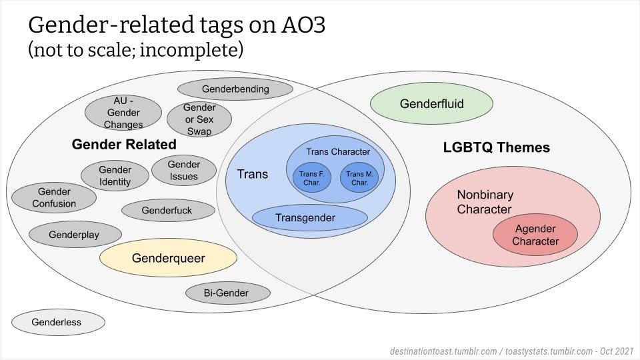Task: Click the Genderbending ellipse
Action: coord(235,89)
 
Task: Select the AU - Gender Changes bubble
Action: coord(123,113)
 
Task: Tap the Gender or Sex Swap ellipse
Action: coord(199,119)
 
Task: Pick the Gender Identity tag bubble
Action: coord(115,176)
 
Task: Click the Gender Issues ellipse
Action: coord(184,170)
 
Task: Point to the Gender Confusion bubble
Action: coord(54,198)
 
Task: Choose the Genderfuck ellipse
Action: coord(167,211)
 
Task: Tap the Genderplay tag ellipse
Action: coord(75,235)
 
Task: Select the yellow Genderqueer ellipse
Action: coord(168,258)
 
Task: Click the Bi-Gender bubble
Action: coord(227,293)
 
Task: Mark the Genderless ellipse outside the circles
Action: coord(57,323)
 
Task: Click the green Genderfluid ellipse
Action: coord(431,103)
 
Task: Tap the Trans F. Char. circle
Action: coord(311,178)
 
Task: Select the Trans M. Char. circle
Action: coord(359,178)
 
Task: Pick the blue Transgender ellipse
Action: coord(310,218)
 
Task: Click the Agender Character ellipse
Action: coord(535,235)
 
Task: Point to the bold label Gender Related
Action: coord(124,145)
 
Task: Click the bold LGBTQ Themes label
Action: coord(497,148)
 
